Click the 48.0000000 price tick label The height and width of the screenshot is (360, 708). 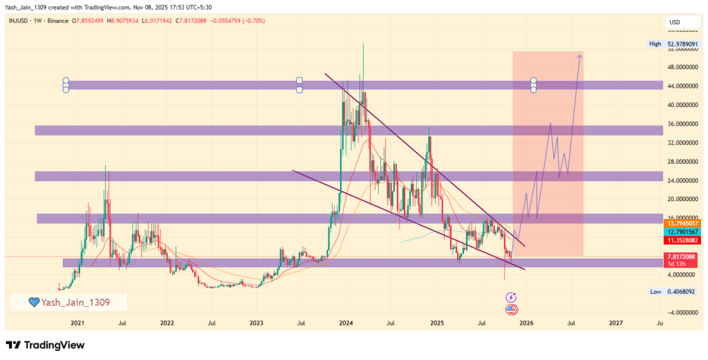[x=682, y=68]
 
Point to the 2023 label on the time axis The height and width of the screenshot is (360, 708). [x=257, y=323]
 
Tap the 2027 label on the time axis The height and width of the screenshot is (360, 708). [x=615, y=323]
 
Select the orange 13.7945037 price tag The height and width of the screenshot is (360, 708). [x=682, y=224]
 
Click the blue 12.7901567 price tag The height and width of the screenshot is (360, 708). [x=682, y=232]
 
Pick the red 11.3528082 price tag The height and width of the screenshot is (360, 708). [x=682, y=240]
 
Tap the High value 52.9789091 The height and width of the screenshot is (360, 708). [x=682, y=44]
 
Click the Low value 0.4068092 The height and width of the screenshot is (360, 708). [x=682, y=292]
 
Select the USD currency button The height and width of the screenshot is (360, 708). [x=675, y=22]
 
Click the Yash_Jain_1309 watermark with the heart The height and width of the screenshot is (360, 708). [x=68, y=302]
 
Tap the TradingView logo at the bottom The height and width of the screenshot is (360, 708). [x=45, y=345]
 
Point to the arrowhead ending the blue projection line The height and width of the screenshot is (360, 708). [x=580, y=55]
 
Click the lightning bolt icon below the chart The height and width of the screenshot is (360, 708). [x=511, y=297]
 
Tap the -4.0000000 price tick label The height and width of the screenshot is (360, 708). [x=682, y=312]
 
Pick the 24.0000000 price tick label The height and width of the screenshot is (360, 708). [x=682, y=180]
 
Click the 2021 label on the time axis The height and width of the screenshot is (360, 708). [x=77, y=323]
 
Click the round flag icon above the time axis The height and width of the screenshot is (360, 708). [x=511, y=309]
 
